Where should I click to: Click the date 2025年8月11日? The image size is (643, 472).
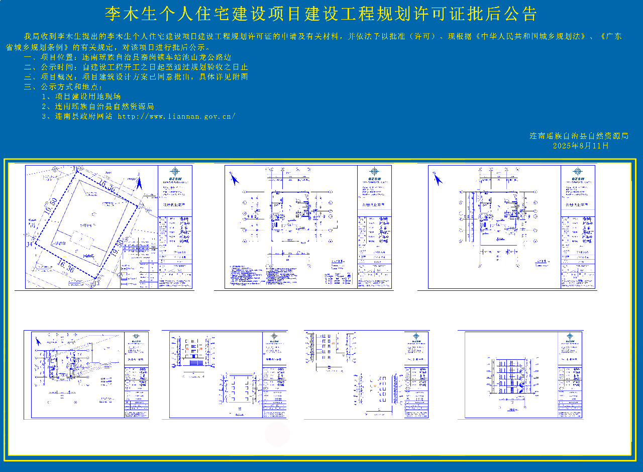coord(580,146)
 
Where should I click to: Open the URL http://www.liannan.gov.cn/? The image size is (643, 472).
coord(176,116)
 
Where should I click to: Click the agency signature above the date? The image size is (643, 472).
coord(579,136)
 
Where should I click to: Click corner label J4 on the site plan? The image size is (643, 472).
coord(30,244)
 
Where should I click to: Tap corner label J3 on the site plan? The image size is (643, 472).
coord(96,283)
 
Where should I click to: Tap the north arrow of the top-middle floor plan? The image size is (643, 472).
coord(234,178)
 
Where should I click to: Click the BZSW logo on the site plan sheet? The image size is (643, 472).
coord(175,174)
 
